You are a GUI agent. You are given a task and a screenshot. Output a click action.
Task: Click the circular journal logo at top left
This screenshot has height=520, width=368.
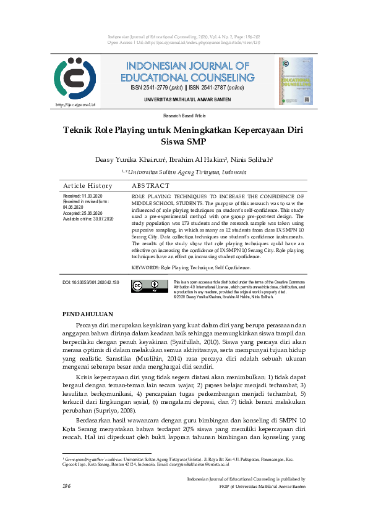74,80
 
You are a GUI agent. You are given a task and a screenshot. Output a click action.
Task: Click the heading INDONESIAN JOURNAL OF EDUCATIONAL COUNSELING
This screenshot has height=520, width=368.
187,72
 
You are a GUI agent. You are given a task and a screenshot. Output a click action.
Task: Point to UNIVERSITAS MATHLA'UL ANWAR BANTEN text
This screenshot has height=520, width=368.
187,99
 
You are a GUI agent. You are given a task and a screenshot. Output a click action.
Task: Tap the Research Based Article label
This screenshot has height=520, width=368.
184,115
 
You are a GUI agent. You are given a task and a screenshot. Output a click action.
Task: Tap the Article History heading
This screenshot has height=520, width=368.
88,186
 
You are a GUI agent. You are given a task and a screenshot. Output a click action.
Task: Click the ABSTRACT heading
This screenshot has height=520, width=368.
150,186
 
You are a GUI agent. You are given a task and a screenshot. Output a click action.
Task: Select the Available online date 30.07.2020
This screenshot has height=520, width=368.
88,219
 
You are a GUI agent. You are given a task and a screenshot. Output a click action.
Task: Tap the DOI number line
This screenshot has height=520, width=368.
91,282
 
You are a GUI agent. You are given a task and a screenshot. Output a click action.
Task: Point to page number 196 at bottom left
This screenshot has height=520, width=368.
67,487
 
